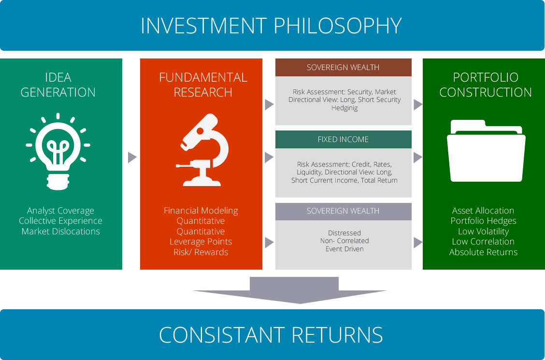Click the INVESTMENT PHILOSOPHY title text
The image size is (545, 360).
tap(271, 25)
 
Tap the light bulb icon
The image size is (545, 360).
tap(58, 151)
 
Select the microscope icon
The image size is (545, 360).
tap(202, 150)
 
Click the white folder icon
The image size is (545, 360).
tap(486, 150)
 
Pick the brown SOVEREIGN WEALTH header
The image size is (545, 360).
tap(344, 68)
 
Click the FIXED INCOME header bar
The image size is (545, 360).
tap(344, 139)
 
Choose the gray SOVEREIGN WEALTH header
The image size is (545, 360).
tap(344, 211)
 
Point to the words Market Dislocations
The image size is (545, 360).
tap(61, 231)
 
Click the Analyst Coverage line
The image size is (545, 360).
tap(61, 211)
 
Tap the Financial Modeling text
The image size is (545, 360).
tap(201, 211)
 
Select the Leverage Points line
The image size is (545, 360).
tap(201, 242)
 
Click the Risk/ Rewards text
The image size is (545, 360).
tap(201, 252)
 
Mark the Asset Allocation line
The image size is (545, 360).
tap(483, 211)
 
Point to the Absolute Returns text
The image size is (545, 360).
tap(483, 252)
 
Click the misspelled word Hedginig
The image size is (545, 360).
tap(344, 108)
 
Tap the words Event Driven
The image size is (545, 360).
tap(344, 249)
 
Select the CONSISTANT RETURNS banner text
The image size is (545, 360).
tap(271, 335)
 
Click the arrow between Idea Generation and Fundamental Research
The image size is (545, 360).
tap(132, 158)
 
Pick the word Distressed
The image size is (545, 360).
tap(344, 233)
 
